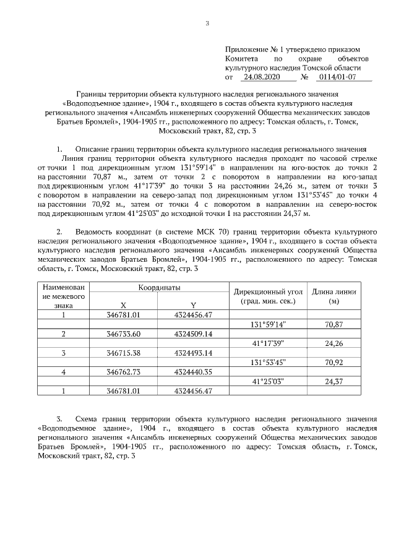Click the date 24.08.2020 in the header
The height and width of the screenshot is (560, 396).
tap(262, 78)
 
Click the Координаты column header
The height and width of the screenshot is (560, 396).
tap(159, 288)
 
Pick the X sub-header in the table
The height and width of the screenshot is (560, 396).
tap(124, 305)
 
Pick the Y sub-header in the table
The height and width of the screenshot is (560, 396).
tap(193, 305)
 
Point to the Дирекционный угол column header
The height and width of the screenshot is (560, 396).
tap(268, 296)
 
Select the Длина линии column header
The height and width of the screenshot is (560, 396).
tap(334, 296)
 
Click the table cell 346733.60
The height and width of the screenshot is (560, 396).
tap(124, 334)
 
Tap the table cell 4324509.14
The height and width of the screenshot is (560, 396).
tap(193, 334)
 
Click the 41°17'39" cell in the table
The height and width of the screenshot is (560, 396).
tap(268, 343)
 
